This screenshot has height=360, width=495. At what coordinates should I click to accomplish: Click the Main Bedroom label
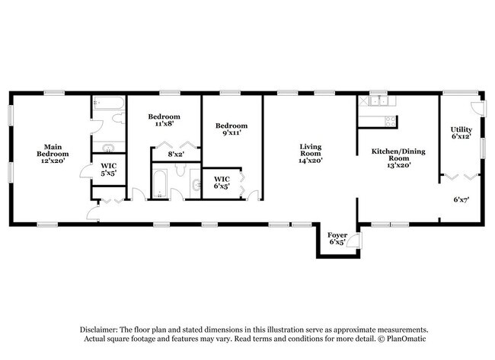click(53, 154)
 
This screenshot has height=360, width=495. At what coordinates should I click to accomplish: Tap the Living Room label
click(310, 154)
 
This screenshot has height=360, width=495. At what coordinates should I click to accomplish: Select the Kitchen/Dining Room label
click(398, 158)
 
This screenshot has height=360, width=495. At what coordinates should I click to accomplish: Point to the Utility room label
click(461, 133)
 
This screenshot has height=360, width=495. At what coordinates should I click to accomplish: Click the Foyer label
click(337, 238)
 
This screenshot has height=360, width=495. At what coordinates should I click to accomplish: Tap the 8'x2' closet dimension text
click(176, 155)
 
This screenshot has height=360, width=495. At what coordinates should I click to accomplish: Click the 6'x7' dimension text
click(461, 199)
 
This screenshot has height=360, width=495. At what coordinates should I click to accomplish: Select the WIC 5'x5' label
click(109, 169)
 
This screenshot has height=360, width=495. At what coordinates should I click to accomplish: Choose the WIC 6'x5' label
click(222, 183)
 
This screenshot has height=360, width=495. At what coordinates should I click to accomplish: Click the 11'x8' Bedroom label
click(164, 120)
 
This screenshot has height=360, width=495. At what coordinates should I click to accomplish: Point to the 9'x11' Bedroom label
click(232, 129)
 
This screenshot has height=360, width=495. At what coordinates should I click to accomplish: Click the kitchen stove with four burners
click(390, 121)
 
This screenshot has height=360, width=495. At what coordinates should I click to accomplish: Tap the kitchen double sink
click(378, 101)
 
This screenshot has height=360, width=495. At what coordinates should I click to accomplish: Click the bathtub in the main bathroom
click(109, 103)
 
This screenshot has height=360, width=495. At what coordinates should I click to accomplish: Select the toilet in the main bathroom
click(119, 118)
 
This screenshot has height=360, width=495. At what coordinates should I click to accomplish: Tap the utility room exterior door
click(477, 107)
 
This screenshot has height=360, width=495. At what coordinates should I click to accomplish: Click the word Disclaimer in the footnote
click(99, 330)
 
